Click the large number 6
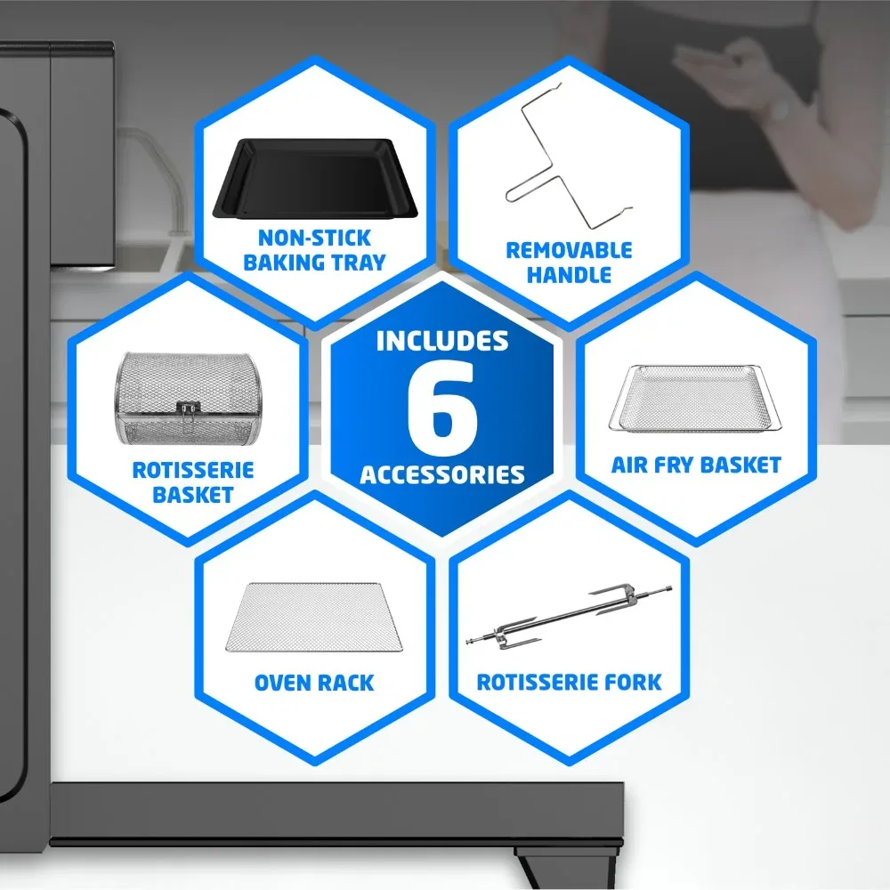(x=442, y=408)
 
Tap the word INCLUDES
(x=442, y=341)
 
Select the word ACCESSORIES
(x=442, y=474)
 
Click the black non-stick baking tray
(x=315, y=178)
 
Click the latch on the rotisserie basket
(x=189, y=410)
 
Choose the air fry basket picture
(x=695, y=399)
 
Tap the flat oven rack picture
(x=314, y=617)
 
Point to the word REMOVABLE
(x=569, y=250)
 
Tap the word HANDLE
(x=569, y=275)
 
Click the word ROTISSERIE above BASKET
(x=193, y=470)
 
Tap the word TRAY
(x=359, y=263)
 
